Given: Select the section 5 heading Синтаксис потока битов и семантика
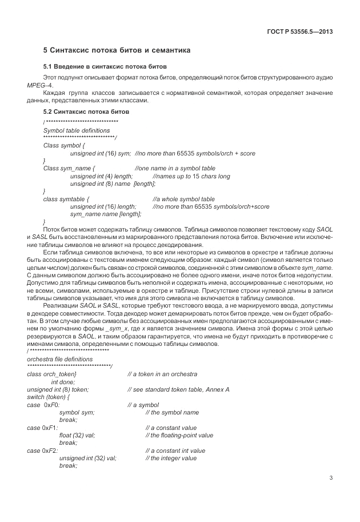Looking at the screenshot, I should click(x=117, y=51).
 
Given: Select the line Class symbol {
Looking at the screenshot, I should click(x=64, y=146).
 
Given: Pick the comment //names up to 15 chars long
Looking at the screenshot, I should click(x=191, y=176).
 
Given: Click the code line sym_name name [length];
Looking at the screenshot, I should click(x=105, y=214).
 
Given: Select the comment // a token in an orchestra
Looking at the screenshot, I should click(x=162, y=374).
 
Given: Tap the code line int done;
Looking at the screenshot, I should click(x=63, y=381).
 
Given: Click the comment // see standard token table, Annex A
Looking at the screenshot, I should click(x=178, y=389).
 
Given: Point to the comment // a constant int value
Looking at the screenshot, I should click(x=175, y=451).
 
